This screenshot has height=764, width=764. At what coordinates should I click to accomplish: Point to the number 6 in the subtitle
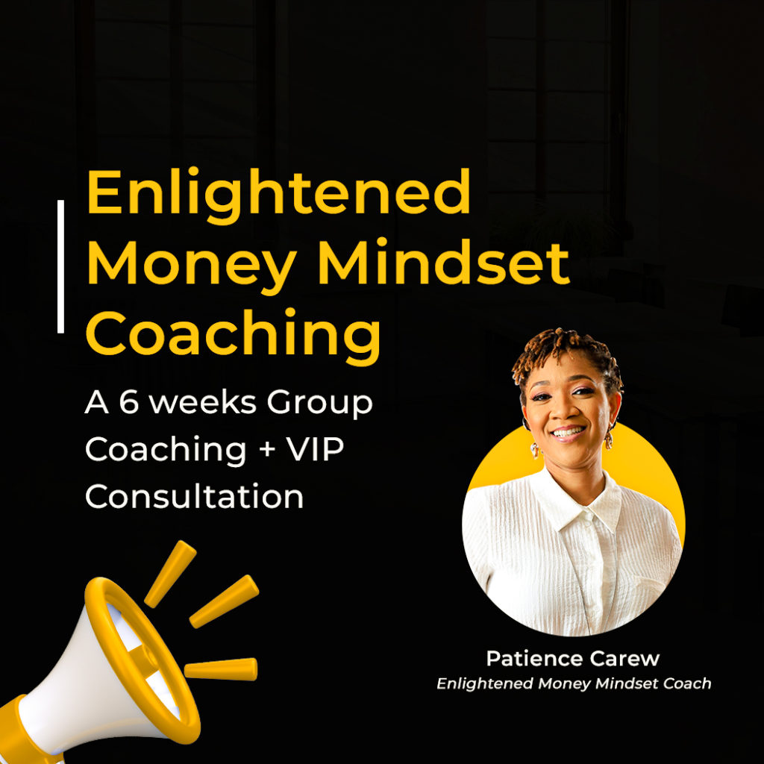[129, 402]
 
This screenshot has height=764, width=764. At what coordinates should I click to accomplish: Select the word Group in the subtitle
[319, 405]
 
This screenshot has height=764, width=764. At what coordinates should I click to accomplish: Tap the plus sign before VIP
[268, 449]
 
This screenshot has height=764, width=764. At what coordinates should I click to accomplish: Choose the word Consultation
[195, 496]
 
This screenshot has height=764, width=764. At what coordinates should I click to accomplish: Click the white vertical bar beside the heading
[60, 266]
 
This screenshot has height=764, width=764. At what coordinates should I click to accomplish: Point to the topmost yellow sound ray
[170, 574]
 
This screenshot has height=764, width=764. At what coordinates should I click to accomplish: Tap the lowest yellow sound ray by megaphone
[221, 669]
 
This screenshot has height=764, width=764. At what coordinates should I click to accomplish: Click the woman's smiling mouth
[568, 432]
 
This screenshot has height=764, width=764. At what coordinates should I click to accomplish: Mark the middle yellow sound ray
[224, 601]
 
